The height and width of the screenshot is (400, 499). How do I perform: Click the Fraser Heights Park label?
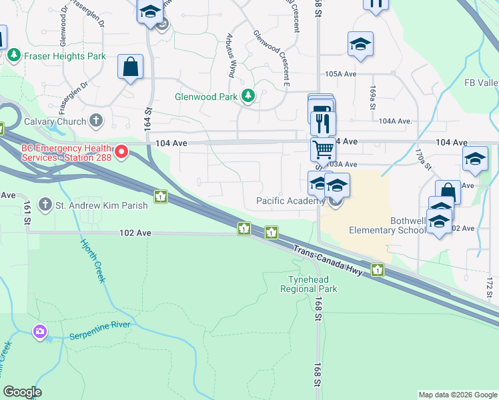(64, 56)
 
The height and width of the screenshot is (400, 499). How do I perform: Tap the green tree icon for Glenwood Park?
(248, 97)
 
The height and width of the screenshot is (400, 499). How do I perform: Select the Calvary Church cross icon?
(97, 121)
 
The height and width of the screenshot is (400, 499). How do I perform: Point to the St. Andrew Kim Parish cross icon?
(45, 205)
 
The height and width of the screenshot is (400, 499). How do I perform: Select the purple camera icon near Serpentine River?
(41, 331)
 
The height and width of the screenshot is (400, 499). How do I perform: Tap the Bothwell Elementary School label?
(388, 225)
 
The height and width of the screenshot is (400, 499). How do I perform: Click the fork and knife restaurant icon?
(324, 123)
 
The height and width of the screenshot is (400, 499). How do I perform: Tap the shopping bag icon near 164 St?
(130, 67)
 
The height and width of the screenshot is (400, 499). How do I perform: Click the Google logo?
(22, 392)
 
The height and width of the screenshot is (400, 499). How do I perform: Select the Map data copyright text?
(458, 395)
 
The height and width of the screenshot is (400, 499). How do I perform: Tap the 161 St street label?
(28, 220)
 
